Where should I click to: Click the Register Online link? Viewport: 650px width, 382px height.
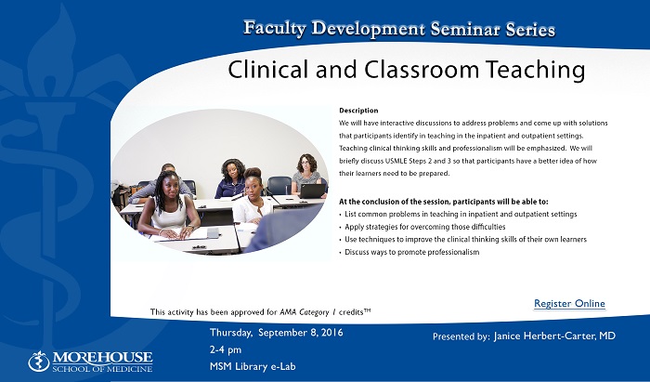569,304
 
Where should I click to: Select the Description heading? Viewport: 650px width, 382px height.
358,111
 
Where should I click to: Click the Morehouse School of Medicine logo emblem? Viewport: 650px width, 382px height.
39,362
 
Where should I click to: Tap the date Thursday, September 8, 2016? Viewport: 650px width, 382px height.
277,333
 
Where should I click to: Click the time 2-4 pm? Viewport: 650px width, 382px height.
226,349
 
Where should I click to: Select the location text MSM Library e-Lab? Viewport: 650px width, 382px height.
253,366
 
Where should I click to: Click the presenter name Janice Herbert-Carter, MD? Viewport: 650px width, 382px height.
554,336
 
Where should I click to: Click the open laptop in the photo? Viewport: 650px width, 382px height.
312,191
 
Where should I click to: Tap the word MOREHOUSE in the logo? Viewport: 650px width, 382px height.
102,358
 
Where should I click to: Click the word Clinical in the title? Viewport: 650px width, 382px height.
270,70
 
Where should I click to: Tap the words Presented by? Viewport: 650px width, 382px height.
461,336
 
